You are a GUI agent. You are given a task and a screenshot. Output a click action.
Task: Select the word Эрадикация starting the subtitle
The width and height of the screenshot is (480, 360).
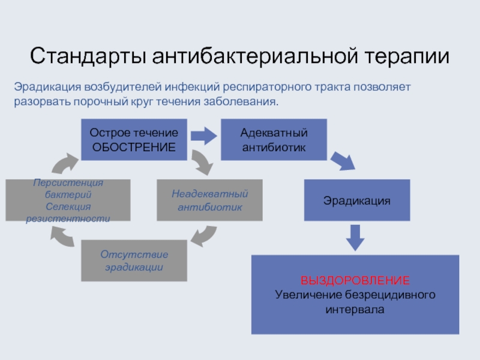click(x=48, y=88)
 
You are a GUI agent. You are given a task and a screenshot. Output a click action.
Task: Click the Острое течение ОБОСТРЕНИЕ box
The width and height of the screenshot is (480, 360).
click(x=134, y=139)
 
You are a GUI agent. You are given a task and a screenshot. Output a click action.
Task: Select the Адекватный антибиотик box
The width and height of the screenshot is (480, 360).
click(x=274, y=139)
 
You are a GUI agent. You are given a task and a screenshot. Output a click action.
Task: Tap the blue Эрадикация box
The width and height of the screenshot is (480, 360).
click(x=357, y=200)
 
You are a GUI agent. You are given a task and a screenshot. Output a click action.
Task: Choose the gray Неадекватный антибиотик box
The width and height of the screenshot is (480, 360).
click(x=209, y=200)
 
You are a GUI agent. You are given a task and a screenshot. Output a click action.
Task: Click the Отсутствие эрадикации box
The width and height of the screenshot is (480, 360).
click(x=134, y=260)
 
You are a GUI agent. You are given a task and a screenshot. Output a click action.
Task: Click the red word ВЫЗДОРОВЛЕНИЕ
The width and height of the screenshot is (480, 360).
click(x=355, y=281)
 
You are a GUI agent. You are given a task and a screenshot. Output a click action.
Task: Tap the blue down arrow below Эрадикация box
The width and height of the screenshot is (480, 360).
click(x=356, y=237)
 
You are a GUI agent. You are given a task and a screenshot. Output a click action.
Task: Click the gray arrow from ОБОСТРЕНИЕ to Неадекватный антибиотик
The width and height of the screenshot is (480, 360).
click(x=202, y=162)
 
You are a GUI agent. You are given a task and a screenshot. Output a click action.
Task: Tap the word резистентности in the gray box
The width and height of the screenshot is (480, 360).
click(x=68, y=218)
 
